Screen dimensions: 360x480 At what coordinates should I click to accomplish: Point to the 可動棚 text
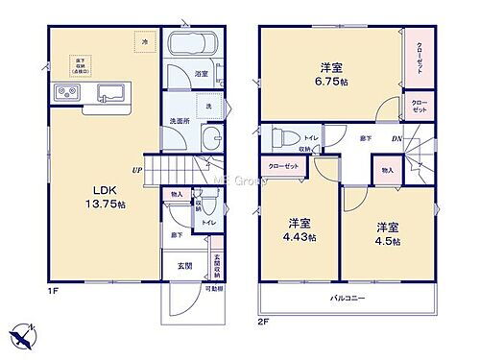tap(214, 287)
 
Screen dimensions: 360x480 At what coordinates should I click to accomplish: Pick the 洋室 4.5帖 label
tap(388, 232)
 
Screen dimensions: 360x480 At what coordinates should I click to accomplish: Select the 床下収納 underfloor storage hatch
tap(72, 67)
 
